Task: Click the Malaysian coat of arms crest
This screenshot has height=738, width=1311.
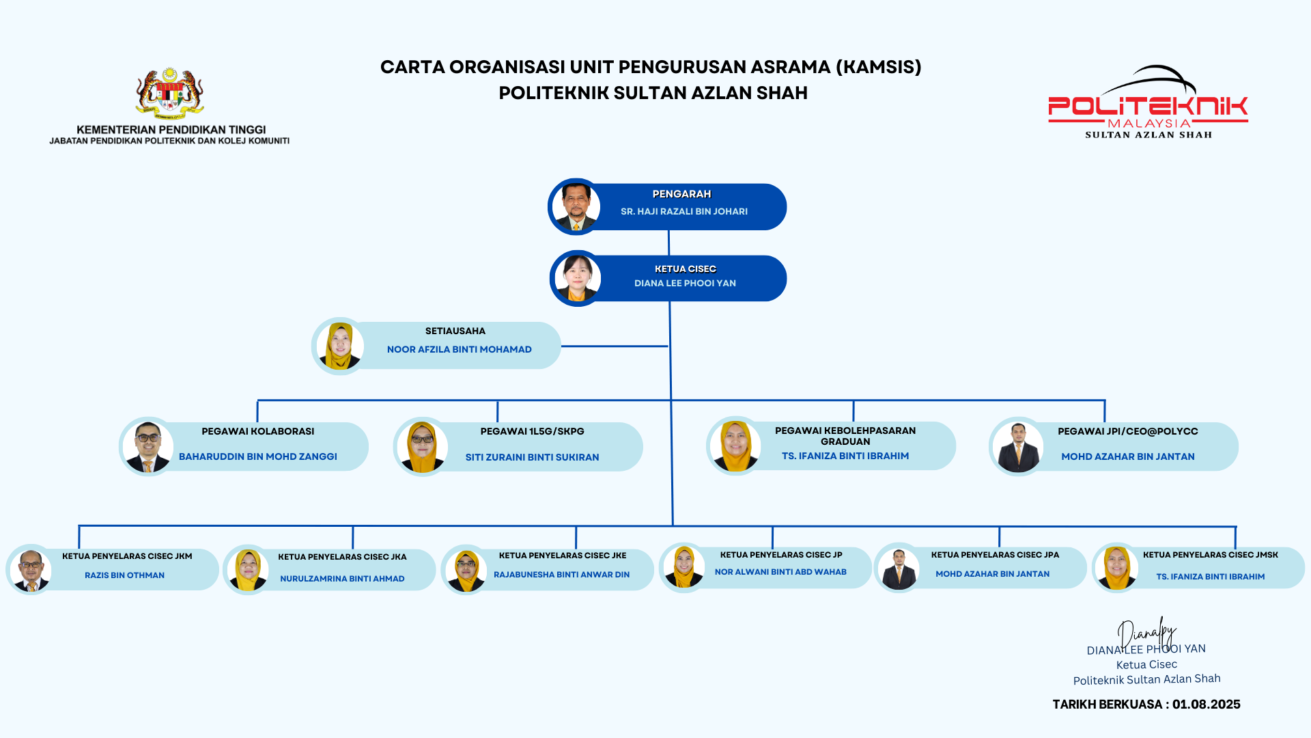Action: pyautogui.click(x=169, y=93)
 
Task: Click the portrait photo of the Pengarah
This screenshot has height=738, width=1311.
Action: pyautogui.click(x=576, y=207)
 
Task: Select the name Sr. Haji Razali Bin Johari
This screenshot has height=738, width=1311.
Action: pyautogui.click(x=683, y=212)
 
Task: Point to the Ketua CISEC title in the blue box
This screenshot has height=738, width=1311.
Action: pyautogui.click(x=685, y=269)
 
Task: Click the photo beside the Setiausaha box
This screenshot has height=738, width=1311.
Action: pyautogui.click(x=339, y=346)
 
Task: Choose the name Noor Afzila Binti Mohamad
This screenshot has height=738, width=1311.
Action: pyautogui.click(x=459, y=350)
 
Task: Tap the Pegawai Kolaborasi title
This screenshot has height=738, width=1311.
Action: pyautogui.click(x=257, y=432)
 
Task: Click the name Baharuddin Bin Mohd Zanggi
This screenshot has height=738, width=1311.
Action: pyautogui.click(x=257, y=456)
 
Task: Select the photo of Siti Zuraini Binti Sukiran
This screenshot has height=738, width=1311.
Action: pyautogui.click(x=422, y=447)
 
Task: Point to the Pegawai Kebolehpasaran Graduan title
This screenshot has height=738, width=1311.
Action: pyautogui.click(x=845, y=436)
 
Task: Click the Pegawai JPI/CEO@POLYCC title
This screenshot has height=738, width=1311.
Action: pyautogui.click(x=1127, y=432)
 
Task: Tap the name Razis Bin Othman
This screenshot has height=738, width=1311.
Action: pyautogui.click(x=124, y=575)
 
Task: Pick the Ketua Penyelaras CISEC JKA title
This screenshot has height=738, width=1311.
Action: pyautogui.click(x=342, y=557)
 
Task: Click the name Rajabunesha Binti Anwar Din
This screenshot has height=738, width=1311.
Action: pyautogui.click(x=561, y=575)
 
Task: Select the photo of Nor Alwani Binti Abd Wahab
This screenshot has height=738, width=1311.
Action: pyautogui.click(x=683, y=567)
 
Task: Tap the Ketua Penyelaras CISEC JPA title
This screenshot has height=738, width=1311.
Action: pyautogui.click(x=995, y=555)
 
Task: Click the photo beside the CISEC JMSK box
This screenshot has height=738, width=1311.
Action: pyautogui.click(x=1116, y=567)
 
